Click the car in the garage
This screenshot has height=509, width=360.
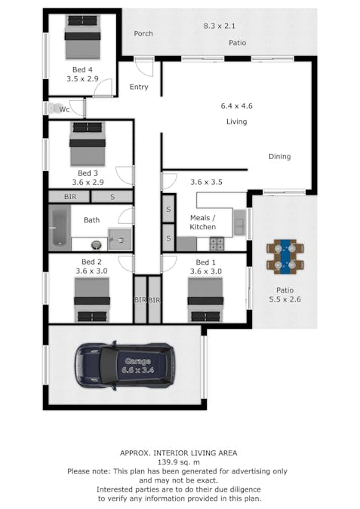tap(125, 366)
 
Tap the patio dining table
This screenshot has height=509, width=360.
tap(285, 256)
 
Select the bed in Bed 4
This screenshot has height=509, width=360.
tap(82, 37)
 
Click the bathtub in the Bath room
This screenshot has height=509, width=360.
tap(60, 228)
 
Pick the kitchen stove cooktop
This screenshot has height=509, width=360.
tap(217, 244)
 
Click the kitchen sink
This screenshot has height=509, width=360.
tap(240, 222)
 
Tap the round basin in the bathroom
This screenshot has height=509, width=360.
tap(96, 244)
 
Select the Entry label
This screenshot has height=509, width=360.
tap(139, 87)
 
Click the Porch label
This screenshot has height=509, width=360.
tap(143, 33)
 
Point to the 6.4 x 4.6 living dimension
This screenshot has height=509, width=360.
tap(236, 106)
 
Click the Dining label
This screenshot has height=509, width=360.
tap(279, 156)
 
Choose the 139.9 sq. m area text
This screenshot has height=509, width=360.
tap(179, 462)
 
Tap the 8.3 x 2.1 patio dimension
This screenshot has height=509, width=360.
tap(220, 26)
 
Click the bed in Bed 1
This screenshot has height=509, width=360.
tap(205, 299)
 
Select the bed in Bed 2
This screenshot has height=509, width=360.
tap(92, 299)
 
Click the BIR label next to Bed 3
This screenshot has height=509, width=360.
tap(70, 197)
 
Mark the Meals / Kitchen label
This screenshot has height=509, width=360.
tap(203, 222)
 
